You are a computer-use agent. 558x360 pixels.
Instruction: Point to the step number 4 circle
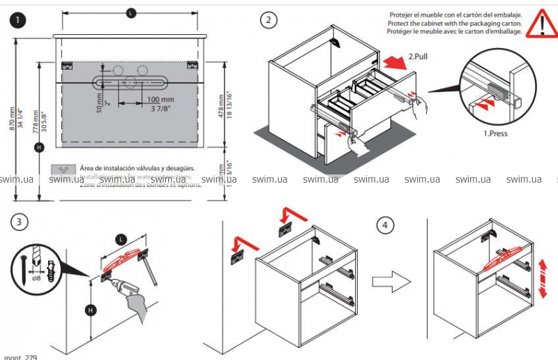pyautogui.click(x=385, y=226)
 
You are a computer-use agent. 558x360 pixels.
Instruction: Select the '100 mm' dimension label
pyautogui.click(x=160, y=100)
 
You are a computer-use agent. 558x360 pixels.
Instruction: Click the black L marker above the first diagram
pyautogui.click(x=131, y=13)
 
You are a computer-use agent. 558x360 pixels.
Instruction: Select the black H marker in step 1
pyautogui.click(x=38, y=147)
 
